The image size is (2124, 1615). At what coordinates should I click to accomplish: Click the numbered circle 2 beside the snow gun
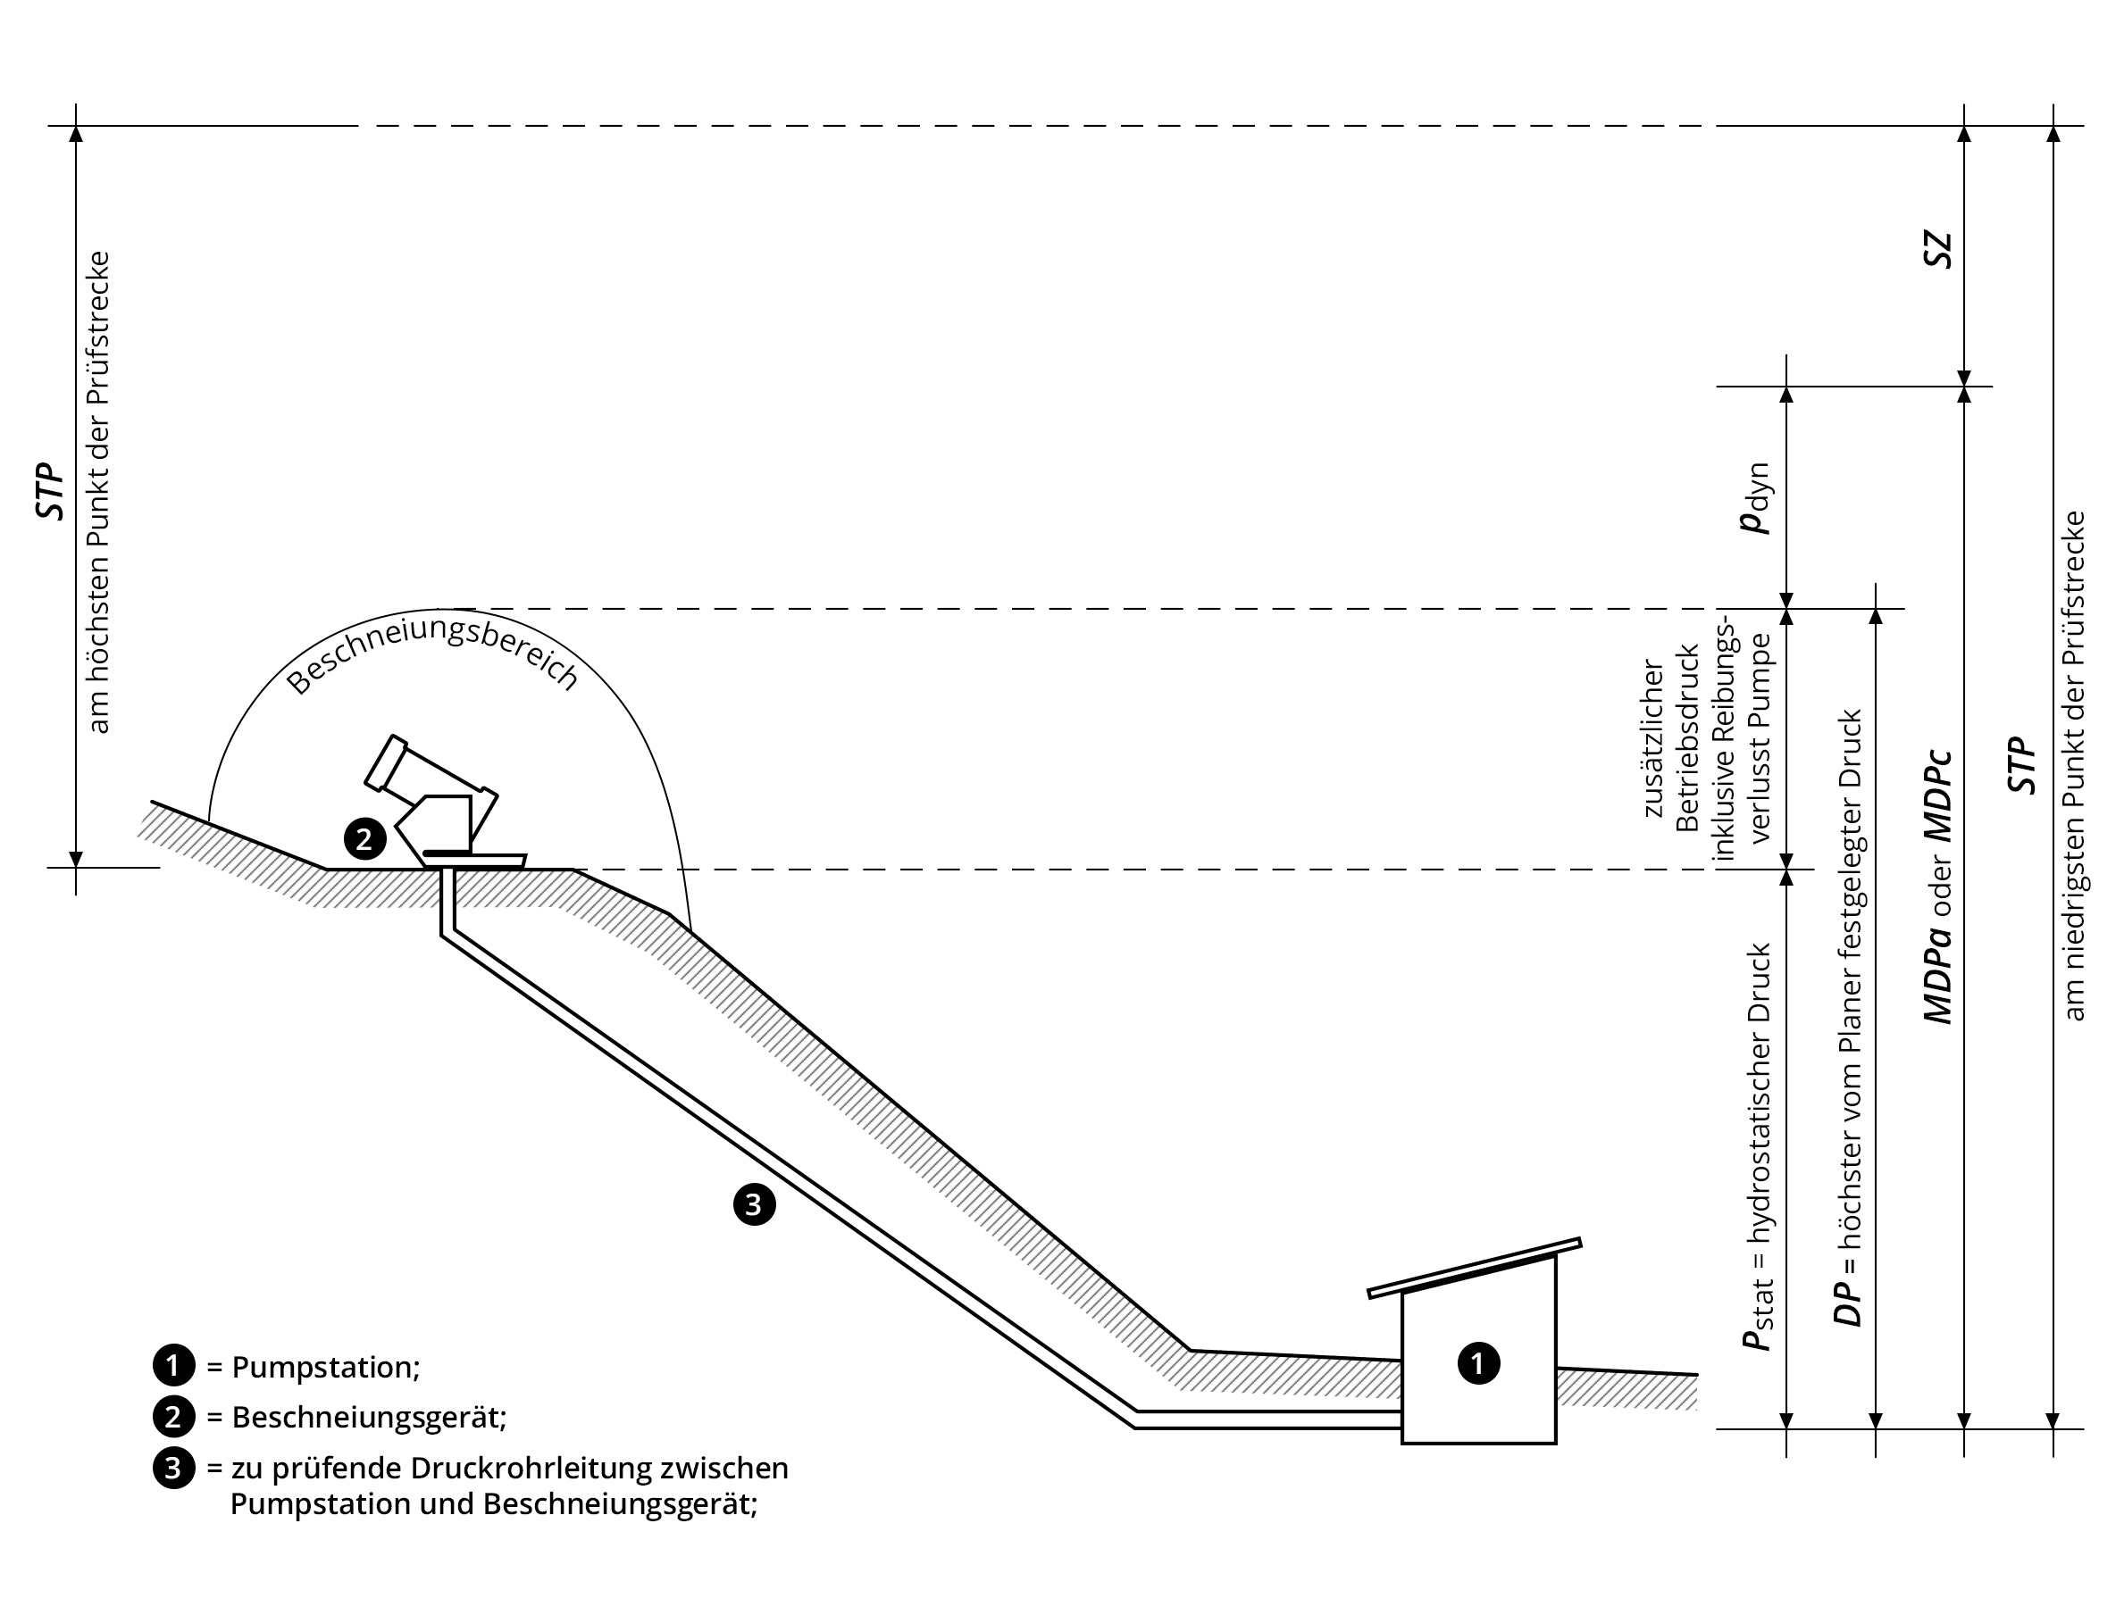tap(364, 840)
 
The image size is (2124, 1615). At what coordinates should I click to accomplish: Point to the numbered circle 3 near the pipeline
tap(755, 1204)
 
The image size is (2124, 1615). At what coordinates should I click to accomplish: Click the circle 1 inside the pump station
tap(1479, 1363)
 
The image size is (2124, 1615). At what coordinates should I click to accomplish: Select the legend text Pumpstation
tap(325, 1367)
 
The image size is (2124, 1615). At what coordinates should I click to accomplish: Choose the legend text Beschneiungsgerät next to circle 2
tap(369, 1417)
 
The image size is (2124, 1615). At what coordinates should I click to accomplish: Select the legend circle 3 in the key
tap(173, 1469)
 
